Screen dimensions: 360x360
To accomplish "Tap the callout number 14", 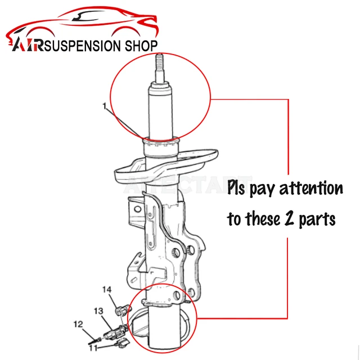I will point(107,290).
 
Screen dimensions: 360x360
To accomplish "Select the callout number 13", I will point(98,310).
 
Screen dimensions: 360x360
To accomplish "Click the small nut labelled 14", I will point(119,309).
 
